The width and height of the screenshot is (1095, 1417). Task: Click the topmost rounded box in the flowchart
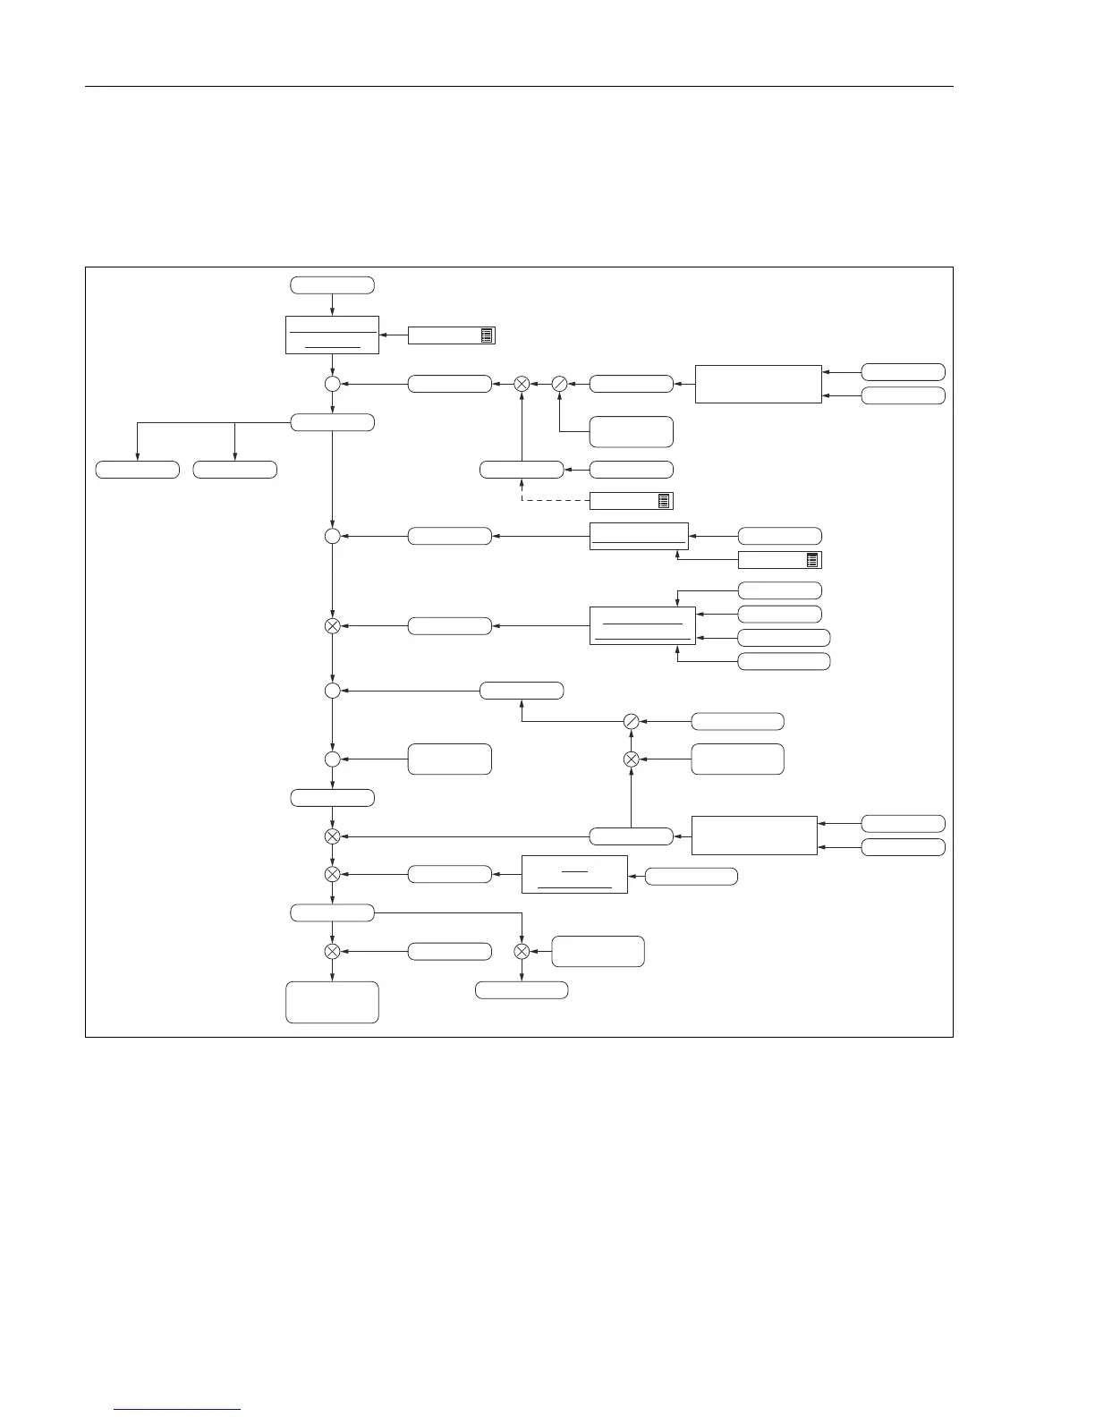[x=332, y=285]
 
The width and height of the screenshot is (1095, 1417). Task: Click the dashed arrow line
[x=555, y=501]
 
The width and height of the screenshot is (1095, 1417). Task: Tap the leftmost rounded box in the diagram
[x=138, y=469]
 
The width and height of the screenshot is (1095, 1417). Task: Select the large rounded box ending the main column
[x=332, y=1002]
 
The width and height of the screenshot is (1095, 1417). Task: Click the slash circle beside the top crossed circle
[x=558, y=384]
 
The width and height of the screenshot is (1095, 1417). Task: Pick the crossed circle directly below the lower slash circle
[x=631, y=759]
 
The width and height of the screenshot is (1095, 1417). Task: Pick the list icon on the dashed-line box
[x=665, y=501]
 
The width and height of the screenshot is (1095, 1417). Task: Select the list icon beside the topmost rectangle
[x=487, y=335]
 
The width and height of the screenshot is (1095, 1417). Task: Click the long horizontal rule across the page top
[x=519, y=88]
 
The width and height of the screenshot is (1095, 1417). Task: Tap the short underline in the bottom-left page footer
[x=178, y=1409]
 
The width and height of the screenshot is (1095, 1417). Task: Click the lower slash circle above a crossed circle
[x=631, y=721]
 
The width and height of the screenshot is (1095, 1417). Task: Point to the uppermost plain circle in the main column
[x=332, y=384]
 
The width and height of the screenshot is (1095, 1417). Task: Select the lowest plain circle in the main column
[x=332, y=759]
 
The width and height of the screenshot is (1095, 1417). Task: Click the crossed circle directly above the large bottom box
[x=332, y=951]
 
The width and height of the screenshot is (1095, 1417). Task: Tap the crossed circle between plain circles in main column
[x=332, y=625]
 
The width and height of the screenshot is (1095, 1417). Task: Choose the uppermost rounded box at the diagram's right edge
[x=903, y=372]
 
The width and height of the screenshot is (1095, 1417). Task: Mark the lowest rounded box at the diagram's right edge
[x=903, y=847]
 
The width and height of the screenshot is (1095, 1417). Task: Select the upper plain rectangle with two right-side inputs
[x=758, y=384]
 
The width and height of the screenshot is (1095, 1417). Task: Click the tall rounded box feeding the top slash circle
[x=632, y=431]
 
